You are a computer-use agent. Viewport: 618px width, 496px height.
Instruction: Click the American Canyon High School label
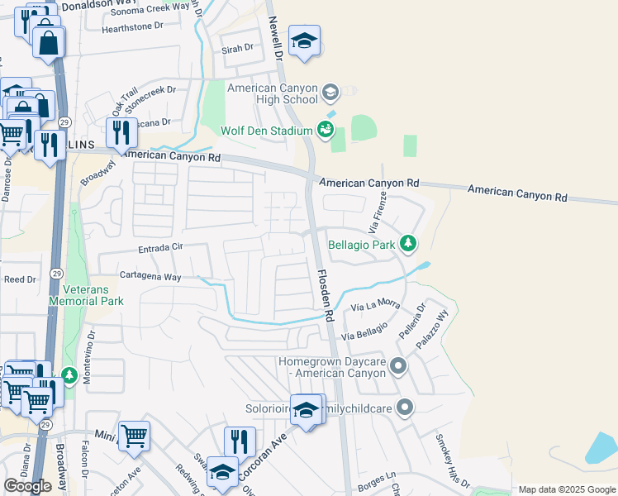[272, 93]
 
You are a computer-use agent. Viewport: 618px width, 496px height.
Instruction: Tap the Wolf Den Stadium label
[265, 131]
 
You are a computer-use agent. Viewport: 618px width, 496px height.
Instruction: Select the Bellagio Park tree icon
[406, 244]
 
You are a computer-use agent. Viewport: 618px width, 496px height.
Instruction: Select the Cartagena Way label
[150, 278]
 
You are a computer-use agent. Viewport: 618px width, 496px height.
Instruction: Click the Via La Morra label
[375, 307]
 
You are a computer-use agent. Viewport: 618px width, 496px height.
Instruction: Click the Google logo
[27, 486]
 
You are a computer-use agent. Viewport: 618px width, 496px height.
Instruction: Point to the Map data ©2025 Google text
[566, 489]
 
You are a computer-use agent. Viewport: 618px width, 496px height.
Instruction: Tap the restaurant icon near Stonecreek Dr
[121, 131]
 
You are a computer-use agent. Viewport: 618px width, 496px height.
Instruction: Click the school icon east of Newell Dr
[304, 41]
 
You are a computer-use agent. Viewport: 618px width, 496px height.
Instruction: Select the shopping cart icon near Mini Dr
[134, 436]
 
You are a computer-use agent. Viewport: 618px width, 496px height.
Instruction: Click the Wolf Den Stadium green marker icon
[326, 130]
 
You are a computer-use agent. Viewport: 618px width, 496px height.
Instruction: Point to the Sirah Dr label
[237, 49]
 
